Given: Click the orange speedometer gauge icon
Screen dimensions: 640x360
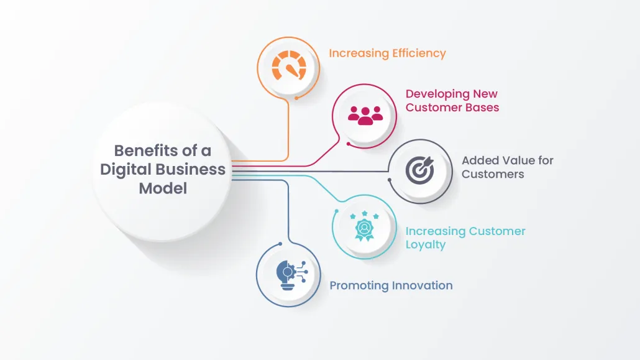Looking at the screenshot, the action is tap(289, 65).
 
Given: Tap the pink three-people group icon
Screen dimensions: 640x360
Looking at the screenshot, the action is tap(365, 115).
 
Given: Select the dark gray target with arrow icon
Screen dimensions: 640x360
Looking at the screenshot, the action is tap(420, 170).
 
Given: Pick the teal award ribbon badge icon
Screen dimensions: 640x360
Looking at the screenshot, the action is tap(364, 226).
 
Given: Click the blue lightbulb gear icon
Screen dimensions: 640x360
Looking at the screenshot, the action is tap(292, 275).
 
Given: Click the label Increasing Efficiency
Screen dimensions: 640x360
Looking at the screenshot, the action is tap(387, 53).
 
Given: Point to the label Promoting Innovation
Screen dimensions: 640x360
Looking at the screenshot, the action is tap(391, 285).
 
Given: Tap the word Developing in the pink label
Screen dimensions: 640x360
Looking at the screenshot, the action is tap(437, 94).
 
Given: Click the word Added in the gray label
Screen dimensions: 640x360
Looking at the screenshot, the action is tap(477, 160).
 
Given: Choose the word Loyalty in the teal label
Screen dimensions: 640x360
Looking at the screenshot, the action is tap(425, 245).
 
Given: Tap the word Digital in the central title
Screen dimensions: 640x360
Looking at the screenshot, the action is tap(126, 170).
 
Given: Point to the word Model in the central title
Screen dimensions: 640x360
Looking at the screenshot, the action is tap(163, 188).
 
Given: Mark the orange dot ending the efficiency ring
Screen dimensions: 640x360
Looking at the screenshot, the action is tap(296, 98).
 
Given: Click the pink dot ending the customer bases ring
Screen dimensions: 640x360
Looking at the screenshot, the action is tap(348, 144).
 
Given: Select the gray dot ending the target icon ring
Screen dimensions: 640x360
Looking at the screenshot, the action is tap(390, 180).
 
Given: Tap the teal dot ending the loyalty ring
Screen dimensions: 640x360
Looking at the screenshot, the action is tap(337, 211).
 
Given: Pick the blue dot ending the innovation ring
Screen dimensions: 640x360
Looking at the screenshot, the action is tap(280, 244).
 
